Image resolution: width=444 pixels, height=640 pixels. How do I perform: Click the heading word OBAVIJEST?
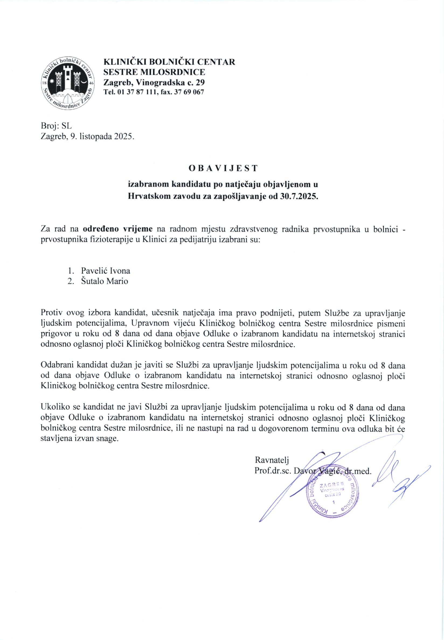pos(223,168)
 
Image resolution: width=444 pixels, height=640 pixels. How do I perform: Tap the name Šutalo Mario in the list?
pos(105,281)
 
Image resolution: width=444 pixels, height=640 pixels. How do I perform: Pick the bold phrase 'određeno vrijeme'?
pos(118,229)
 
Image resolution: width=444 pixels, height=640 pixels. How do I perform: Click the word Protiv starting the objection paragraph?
pos(51,313)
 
